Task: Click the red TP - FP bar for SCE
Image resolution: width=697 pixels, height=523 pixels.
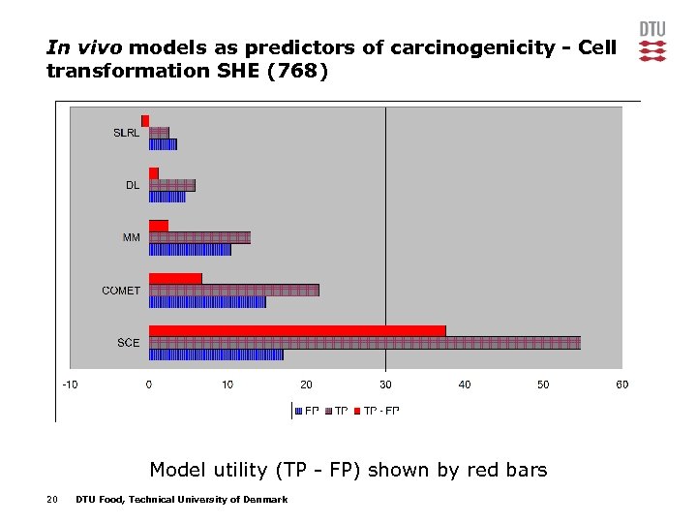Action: click(297, 330)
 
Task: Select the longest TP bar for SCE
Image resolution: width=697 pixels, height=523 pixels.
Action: click(364, 342)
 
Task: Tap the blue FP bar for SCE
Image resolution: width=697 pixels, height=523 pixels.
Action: click(216, 354)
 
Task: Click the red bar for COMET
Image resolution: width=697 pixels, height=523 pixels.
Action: click(175, 278)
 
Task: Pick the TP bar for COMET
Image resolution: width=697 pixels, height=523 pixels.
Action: click(233, 290)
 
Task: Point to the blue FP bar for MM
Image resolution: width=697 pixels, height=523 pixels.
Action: click(190, 249)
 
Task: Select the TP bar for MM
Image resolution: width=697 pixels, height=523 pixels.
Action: click(199, 237)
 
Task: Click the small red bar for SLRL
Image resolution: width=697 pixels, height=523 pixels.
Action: click(145, 121)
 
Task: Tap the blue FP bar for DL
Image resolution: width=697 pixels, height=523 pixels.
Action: click(167, 197)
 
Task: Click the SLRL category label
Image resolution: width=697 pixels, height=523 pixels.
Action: click(127, 133)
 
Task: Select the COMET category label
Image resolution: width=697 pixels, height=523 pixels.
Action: click(121, 291)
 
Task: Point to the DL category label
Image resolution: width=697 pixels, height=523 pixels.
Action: click(133, 185)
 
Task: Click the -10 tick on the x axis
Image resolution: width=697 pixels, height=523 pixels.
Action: click(71, 385)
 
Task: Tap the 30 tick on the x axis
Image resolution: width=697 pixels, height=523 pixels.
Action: click(385, 385)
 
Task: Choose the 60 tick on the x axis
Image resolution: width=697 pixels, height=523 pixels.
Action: click(622, 385)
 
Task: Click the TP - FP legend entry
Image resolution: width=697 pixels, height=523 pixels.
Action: click(380, 411)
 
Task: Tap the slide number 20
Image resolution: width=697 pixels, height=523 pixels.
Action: click(52, 500)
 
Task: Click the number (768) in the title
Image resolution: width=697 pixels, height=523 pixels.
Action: click(296, 71)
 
